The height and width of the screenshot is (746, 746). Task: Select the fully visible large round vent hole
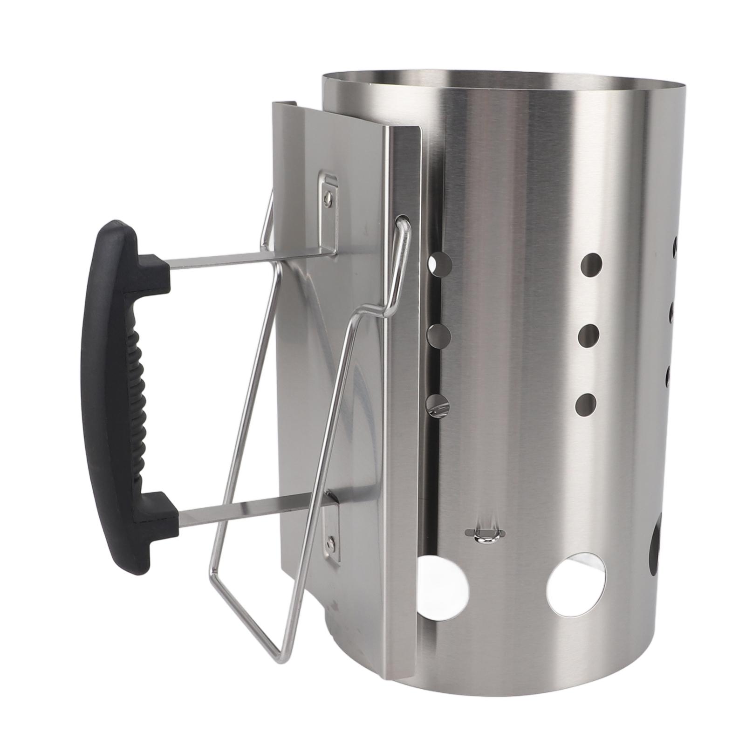point(578,583)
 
